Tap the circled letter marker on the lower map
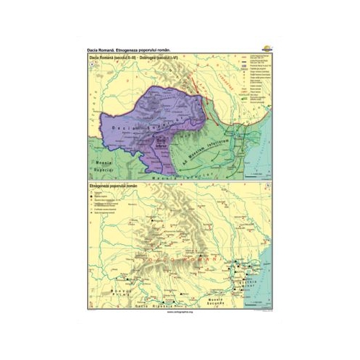pyautogui.click(x=268, y=187)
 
